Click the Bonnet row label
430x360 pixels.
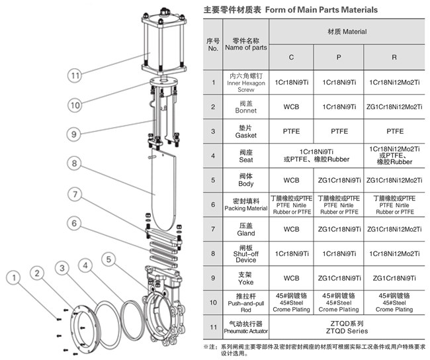(245, 107)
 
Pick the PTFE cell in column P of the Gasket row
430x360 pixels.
(340, 132)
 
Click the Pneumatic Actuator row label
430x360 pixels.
(245, 326)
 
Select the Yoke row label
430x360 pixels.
(245, 277)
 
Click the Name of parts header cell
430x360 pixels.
(245, 44)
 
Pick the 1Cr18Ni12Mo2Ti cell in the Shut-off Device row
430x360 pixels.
(394, 253)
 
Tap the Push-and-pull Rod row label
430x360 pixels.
(245, 302)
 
